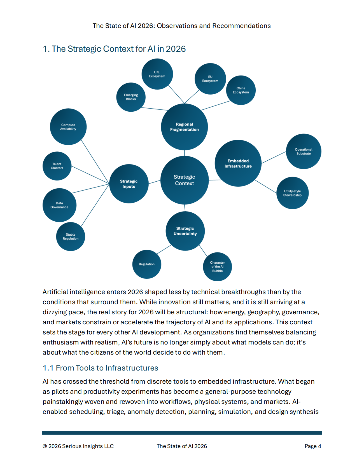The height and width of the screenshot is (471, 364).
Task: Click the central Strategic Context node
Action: (185, 180)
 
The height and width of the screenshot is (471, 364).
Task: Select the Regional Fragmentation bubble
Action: (184, 127)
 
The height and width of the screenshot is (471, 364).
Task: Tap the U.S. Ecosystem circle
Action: (157, 74)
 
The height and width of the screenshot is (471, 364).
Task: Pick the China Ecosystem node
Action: (241, 90)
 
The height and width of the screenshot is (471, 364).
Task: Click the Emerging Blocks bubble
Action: (131, 97)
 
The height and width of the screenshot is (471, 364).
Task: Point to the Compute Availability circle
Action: (68, 127)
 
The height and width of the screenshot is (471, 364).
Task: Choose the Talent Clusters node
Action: (57, 166)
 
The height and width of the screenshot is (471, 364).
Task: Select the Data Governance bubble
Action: (59, 205)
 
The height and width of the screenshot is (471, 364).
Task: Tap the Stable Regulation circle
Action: (71, 236)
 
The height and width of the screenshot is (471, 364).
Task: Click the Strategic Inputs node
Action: (129, 184)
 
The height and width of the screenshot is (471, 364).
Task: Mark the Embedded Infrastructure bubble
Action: (238, 163)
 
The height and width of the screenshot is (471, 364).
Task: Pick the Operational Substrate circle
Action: (304, 151)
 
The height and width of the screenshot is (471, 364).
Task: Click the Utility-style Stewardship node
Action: (292, 193)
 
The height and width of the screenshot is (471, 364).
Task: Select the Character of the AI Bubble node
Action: (217, 267)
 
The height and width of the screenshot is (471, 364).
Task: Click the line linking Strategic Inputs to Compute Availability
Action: (95, 162)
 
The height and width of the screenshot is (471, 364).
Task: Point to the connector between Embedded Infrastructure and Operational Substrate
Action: (274, 157)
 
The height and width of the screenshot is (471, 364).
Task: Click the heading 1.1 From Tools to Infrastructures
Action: (100, 368)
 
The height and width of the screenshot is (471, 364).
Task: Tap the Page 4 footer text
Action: (313, 446)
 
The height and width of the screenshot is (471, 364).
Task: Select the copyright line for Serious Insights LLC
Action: (78, 446)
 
